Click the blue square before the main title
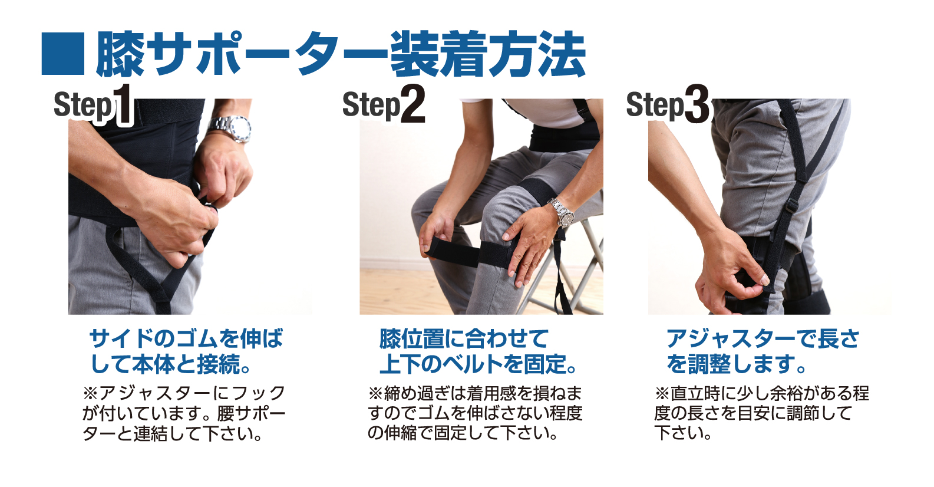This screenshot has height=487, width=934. pyautogui.click(x=63, y=54)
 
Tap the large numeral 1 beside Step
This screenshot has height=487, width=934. pyautogui.click(x=123, y=104)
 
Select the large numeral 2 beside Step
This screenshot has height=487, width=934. pyautogui.click(x=412, y=104)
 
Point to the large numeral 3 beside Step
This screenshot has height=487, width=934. pyautogui.click(x=697, y=104)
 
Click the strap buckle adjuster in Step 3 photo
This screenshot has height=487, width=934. pyautogui.click(x=791, y=206)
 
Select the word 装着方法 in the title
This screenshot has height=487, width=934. pyautogui.click(x=487, y=54)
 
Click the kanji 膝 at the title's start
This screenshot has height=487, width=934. pyautogui.click(x=120, y=54)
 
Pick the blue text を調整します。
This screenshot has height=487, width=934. pyautogui.click(x=736, y=364)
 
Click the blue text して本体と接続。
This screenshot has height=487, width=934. pyautogui.click(x=170, y=364)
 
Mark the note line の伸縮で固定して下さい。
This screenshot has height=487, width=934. pyautogui.click(x=463, y=433)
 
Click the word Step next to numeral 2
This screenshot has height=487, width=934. pyautogui.click(x=371, y=106)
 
